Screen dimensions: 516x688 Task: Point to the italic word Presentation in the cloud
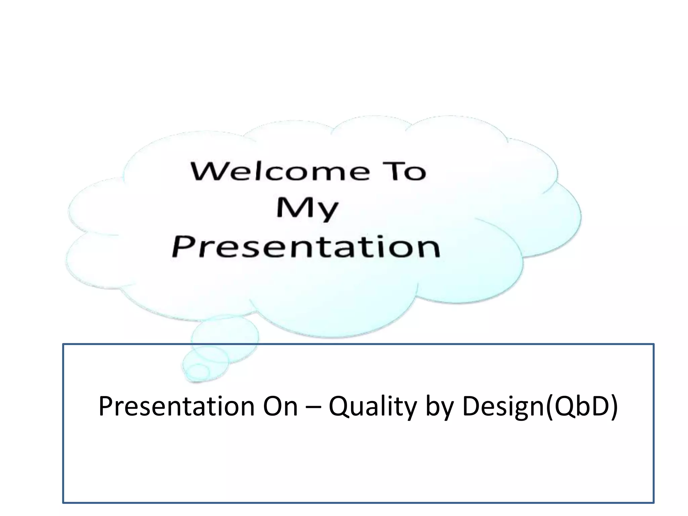pyautogui.click(x=306, y=247)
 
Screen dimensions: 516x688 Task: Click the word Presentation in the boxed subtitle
pyautogui.click(x=176, y=406)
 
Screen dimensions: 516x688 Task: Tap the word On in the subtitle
pyautogui.click(x=281, y=406)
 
